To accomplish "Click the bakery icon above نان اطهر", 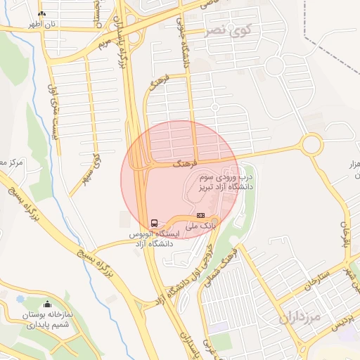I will (41, 13).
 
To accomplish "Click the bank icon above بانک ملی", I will (201, 215).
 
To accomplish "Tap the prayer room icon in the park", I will (48, 304).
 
